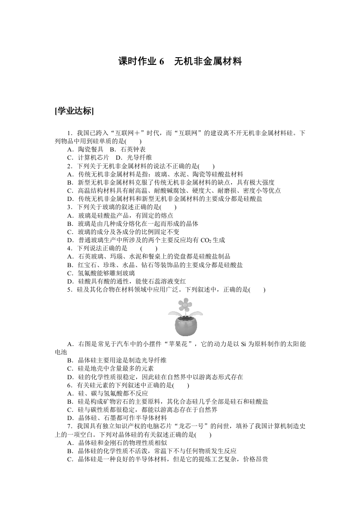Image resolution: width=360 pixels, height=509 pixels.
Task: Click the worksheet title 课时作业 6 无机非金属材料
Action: pos(180,62)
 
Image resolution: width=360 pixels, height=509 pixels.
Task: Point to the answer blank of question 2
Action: pos(207,166)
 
